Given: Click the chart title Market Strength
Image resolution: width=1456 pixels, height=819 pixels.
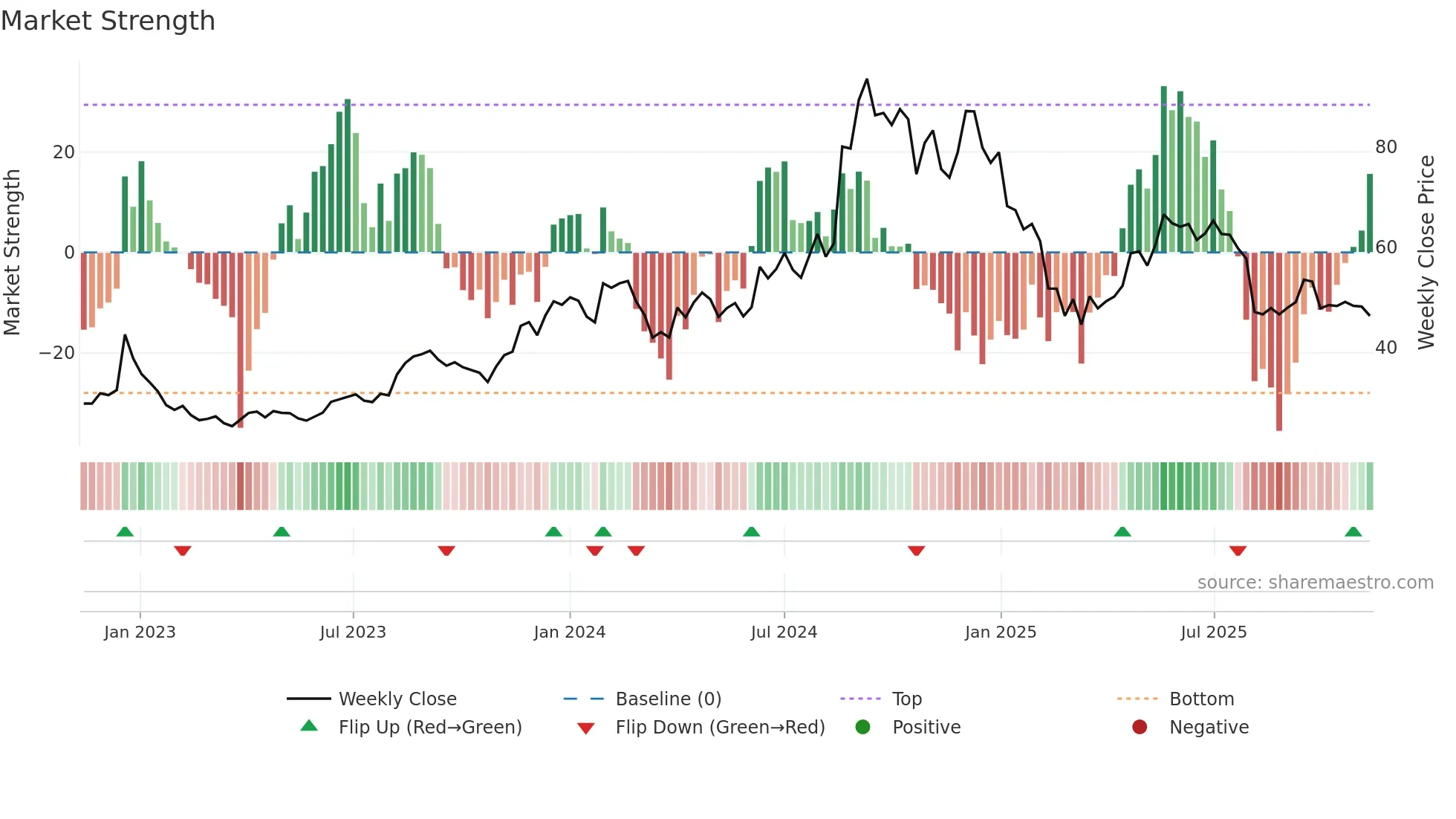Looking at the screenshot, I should tap(108, 21).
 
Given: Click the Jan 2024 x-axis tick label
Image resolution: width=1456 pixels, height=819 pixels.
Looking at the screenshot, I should tap(569, 632).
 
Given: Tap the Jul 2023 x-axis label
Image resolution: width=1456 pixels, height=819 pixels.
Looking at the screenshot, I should tap(353, 632).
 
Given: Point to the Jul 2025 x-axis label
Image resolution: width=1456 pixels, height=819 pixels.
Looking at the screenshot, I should tap(1213, 632).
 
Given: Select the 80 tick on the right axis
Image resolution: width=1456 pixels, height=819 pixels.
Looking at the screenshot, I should tap(1385, 147).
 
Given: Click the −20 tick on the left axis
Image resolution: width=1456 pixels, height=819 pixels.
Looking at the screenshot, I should tap(57, 353).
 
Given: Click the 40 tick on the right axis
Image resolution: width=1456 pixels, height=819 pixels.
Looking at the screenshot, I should tap(1385, 348).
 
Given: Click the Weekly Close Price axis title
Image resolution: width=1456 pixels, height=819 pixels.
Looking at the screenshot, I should tap(1426, 253).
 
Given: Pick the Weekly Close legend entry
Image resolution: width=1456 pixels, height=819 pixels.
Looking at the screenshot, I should tap(397, 699).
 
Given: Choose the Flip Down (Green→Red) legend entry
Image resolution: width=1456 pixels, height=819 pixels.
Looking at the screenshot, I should tap(719, 728).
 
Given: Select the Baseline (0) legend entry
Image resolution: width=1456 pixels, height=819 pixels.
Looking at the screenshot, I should tap(668, 699).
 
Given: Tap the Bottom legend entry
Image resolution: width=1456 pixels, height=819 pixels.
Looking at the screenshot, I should tap(1201, 699).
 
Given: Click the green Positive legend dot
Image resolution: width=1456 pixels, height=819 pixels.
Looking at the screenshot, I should tap(862, 728).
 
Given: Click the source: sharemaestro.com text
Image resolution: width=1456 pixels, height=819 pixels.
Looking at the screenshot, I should tap(1315, 583).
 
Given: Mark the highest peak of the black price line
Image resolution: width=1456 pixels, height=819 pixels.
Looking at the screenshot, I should tap(866, 80).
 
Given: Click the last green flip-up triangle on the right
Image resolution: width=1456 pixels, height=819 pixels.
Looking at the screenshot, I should tap(1353, 532).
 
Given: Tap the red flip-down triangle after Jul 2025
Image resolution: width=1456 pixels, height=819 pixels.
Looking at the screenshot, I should tap(1238, 551).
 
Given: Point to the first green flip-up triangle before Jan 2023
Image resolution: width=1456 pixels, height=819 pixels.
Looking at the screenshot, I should tap(125, 532).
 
